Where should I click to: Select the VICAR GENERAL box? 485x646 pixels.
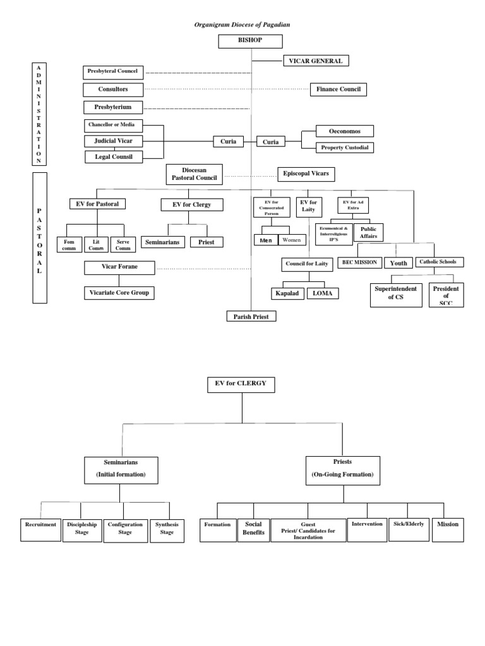pos(316,61)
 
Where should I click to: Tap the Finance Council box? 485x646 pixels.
pos(338,90)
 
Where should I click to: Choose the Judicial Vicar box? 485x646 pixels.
pos(114,141)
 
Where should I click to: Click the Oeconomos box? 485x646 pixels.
pos(345,131)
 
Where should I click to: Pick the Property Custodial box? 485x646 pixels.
pos(345,148)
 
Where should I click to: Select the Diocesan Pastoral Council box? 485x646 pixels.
pos(195,174)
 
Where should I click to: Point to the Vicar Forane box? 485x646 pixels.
pos(119,267)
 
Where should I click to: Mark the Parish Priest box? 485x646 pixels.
pos(251,316)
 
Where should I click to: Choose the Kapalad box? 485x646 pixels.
pos(287,293)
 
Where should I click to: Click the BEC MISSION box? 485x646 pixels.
pos(359,262)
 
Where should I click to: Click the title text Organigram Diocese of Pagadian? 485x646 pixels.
pos(242,24)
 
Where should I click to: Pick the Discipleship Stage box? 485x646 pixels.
pos(81,529)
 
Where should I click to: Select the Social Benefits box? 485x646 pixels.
pos(253,529)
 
